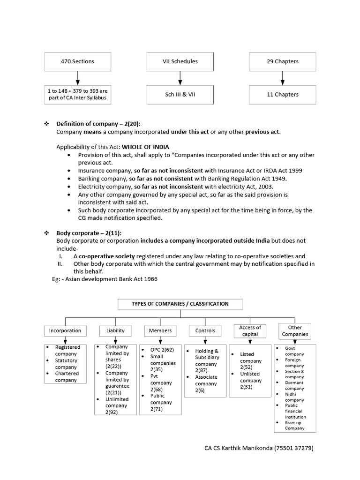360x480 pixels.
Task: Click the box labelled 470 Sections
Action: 78,61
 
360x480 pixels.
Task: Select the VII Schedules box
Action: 180,61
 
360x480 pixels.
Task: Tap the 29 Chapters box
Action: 282,61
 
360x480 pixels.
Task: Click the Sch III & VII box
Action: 180,94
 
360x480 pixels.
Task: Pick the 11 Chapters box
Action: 282,94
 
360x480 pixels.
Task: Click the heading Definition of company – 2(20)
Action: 98,124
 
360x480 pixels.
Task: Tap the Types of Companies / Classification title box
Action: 180,304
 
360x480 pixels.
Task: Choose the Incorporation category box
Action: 65,330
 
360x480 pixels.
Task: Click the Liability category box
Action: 115,330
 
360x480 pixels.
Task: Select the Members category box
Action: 160,330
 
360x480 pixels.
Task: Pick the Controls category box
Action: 205,330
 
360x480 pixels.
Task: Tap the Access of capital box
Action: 250,331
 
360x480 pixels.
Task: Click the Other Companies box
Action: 295,331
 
